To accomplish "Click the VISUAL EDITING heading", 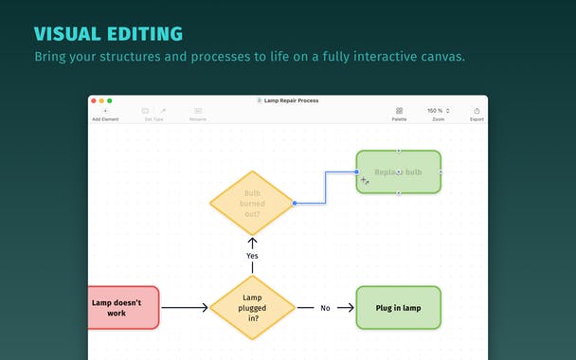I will click(108, 34).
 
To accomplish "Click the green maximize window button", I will click(109, 100).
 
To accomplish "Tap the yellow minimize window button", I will click(101, 100).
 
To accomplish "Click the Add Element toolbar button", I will click(104, 114).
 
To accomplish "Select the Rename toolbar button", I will click(197, 114).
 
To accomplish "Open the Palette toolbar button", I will click(399, 114).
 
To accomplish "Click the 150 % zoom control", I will click(435, 112).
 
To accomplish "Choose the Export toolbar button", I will click(477, 114).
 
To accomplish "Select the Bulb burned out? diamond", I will click(252, 203).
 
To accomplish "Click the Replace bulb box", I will click(398, 172).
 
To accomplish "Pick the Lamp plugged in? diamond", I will click(252, 307).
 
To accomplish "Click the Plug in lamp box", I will click(398, 308).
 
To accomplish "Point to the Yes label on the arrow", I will click(252, 256).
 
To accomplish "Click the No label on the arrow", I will click(325, 308).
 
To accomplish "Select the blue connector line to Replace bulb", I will click(326, 187).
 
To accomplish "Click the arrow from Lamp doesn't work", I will click(184, 308).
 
